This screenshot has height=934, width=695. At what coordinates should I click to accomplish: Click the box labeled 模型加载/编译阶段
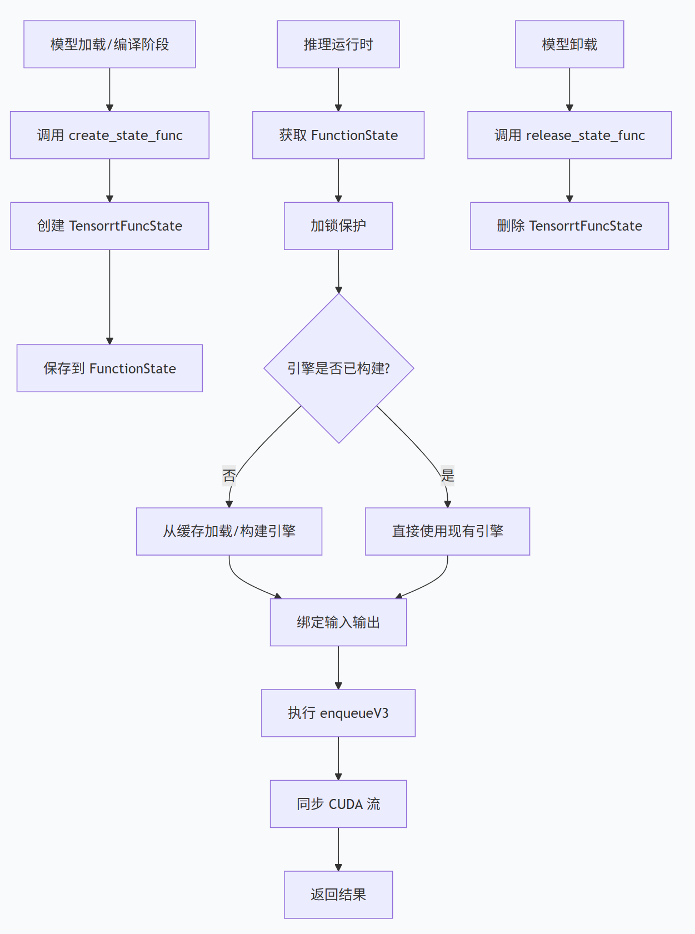tap(109, 44)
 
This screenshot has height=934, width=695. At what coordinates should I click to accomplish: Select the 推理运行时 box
tap(338, 44)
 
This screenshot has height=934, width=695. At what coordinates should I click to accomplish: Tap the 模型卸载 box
tap(569, 44)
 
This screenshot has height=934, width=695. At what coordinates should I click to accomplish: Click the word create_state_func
tap(126, 136)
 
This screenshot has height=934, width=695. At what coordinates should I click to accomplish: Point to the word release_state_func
tap(586, 136)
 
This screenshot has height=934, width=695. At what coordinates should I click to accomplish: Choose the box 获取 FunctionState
tap(338, 135)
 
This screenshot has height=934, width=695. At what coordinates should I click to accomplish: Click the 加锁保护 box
tap(338, 226)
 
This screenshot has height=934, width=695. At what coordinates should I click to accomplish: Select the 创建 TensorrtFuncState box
tap(109, 226)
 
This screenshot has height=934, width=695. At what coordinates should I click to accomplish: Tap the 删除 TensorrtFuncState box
tap(569, 226)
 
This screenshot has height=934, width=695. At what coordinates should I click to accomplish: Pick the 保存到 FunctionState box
tap(109, 368)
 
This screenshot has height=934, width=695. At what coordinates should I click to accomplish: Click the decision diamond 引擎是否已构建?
tap(339, 368)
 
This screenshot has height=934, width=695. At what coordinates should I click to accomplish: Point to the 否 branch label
tap(229, 476)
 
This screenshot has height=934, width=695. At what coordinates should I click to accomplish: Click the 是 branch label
tap(447, 476)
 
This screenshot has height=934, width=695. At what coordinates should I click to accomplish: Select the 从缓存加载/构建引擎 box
tap(229, 531)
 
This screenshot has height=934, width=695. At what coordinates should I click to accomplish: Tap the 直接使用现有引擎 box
tap(447, 531)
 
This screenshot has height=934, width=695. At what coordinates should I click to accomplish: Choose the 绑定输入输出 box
tap(338, 622)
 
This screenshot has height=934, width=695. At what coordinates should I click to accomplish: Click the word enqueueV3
tap(354, 713)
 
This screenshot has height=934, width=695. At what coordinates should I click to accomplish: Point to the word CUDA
tap(346, 804)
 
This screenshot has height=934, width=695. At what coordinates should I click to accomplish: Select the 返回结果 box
tap(338, 895)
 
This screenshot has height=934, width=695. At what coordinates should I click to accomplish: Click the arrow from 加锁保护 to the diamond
tap(338, 272)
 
